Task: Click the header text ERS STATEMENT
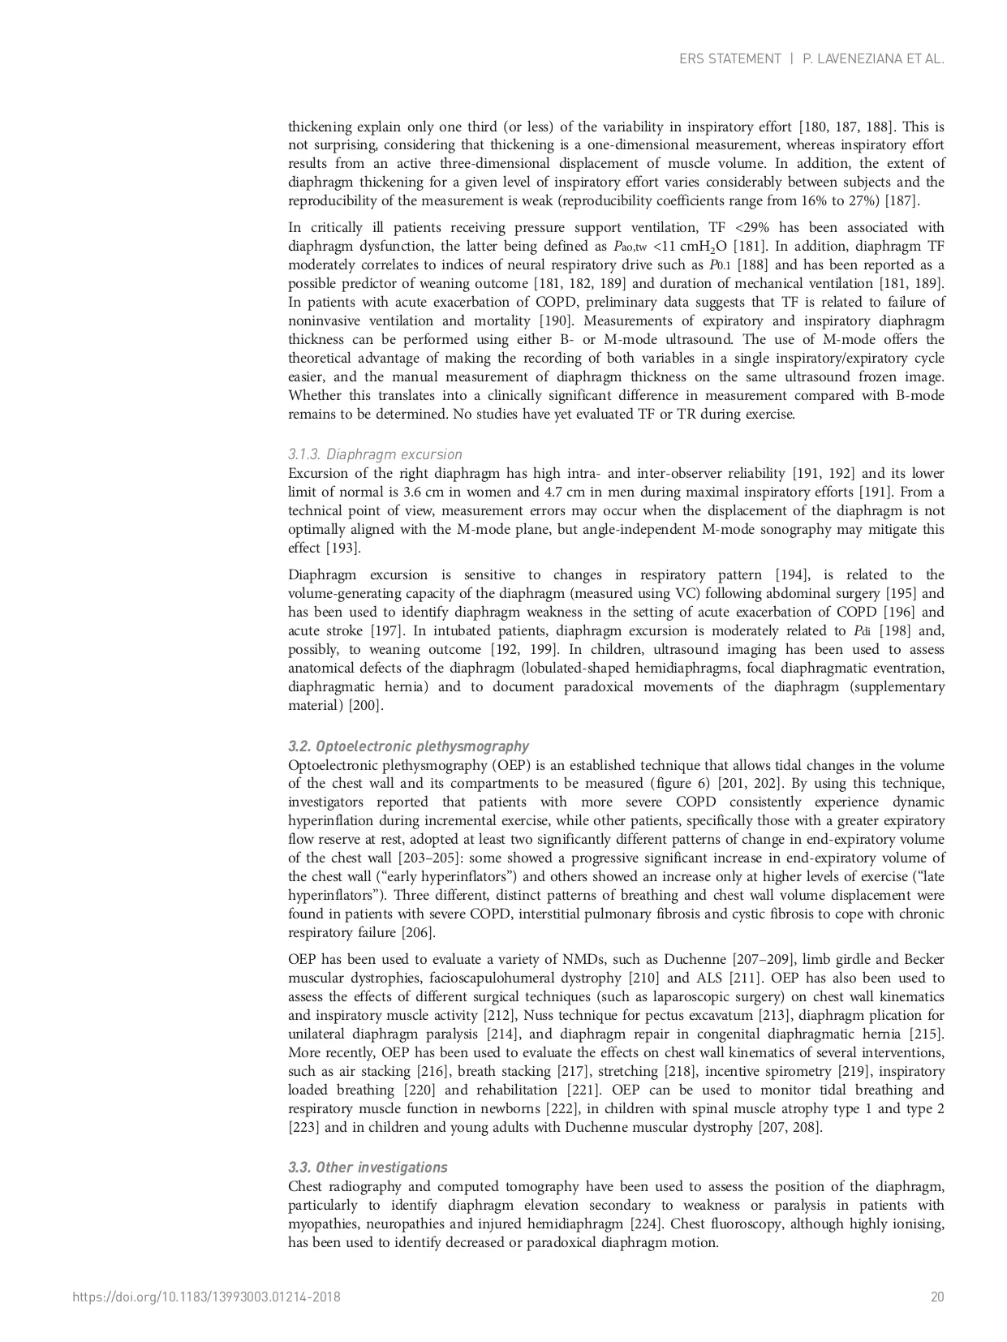(x=729, y=59)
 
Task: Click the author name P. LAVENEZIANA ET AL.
(x=873, y=59)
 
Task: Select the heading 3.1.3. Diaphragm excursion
(x=375, y=454)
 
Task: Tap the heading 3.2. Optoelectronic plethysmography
(x=408, y=746)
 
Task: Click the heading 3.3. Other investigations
(x=368, y=1168)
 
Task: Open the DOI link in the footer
(x=206, y=1297)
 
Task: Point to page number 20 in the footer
(x=937, y=1297)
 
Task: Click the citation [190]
(x=556, y=320)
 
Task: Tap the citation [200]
(x=366, y=705)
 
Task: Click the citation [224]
(x=650, y=1224)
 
